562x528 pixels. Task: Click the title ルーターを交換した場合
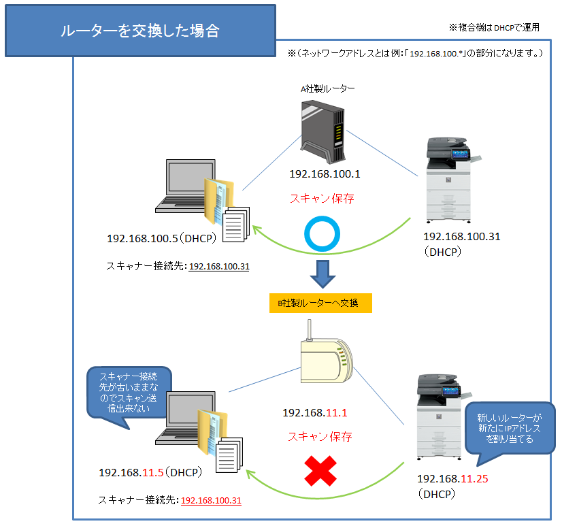pyautogui.click(x=140, y=32)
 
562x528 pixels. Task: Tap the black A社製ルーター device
pyautogui.click(x=323, y=129)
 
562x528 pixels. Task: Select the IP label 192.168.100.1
pyautogui.click(x=324, y=174)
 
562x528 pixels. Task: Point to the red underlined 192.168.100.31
pyautogui.click(x=211, y=500)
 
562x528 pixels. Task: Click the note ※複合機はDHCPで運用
pyautogui.click(x=494, y=28)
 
